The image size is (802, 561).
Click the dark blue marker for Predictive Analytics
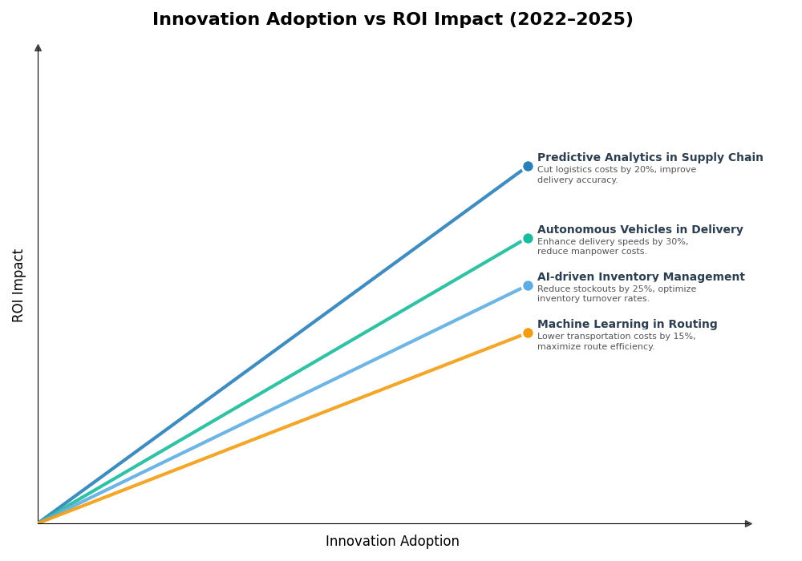pyautogui.click(x=528, y=167)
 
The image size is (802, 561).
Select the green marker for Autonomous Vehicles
pyautogui.click(x=528, y=238)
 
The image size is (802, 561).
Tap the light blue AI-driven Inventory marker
pyautogui.click(x=528, y=285)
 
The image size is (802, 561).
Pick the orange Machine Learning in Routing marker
pyautogui.click(x=528, y=333)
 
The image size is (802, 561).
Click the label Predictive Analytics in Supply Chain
pyautogui.click(x=650, y=158)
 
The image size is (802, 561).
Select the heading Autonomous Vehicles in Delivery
pyautogui.click(x=640, y=230)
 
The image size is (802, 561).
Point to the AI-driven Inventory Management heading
pyautogui.click(x=641, y=277)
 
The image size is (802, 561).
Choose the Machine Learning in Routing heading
pyautogui.click(x=627, y=325)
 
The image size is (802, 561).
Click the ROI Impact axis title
pyautogui.click(x=18, y=285)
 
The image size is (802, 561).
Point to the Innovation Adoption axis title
pyautogui.click(x=392, y=542)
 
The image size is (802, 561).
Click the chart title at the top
pyautogui.click(x=392, y=20)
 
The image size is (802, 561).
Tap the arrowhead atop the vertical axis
pyautogui.click(x=38, y=48)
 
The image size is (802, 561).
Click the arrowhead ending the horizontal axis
pyautogui.click(x=748, y=523)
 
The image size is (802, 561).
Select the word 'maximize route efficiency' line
pyautogui.click(x=596, y=347)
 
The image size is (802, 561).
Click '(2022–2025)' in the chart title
pyautogui.click(x=571, y=20)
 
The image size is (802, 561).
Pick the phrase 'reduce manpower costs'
pyautogui.click(x=592, y=252)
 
